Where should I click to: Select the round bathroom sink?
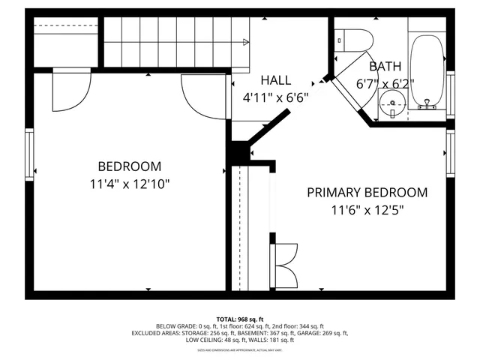[391, 103]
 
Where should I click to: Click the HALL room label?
[275, 80]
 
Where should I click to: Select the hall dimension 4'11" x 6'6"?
[275, 97]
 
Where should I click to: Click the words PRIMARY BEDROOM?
[367, 192]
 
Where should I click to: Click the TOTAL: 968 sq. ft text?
[240, 319]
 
